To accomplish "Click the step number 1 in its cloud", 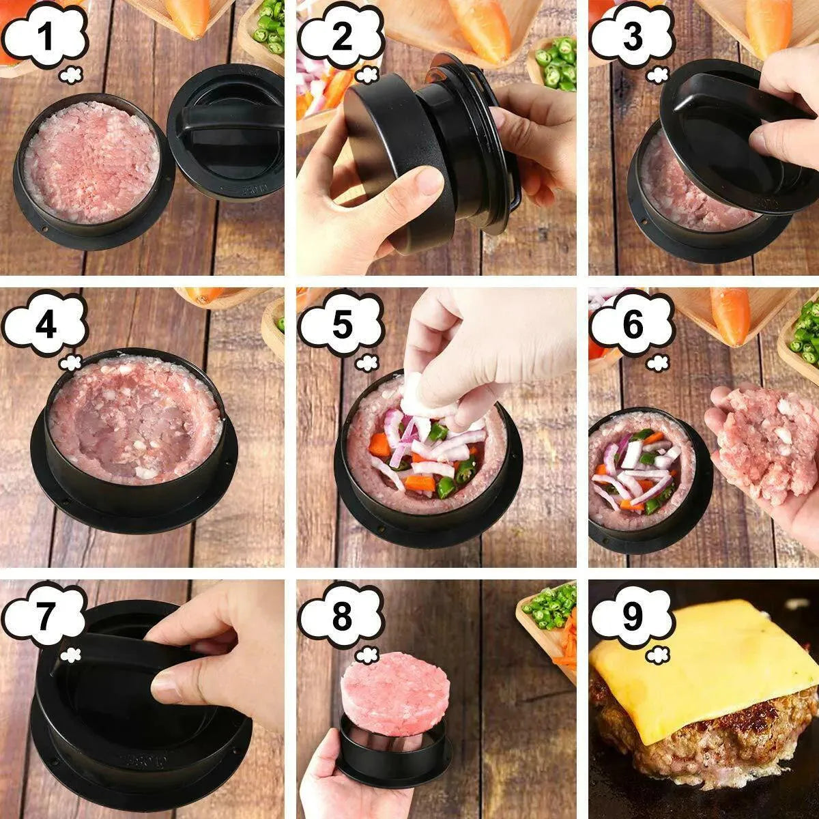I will click(45, 37).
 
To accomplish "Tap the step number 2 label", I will click(341, 37).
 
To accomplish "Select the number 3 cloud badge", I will click(632, 37).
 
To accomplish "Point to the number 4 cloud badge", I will click(45, 326).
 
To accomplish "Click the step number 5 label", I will click(341, 326).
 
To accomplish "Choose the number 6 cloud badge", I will click(632, 326).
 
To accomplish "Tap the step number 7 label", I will click(45, 618).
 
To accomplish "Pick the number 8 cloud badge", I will click(341, 618).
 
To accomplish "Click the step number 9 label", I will click(632, 618).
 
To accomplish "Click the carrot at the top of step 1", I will click(188, 17).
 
